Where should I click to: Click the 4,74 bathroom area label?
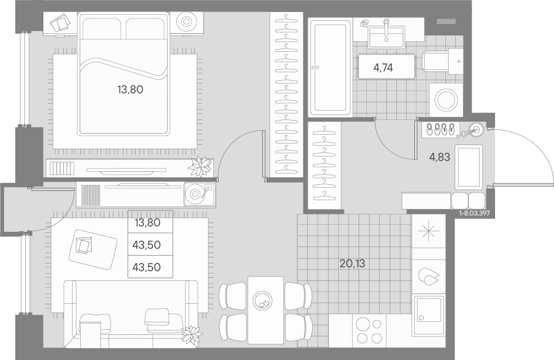[x=383, y=68]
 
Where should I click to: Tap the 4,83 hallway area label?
[x=439, y=157]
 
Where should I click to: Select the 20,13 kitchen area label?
[x=352, y=263]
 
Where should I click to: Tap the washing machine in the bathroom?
[x=446, y=99]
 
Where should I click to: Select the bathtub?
[x=330, y=68]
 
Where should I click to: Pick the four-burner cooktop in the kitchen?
[x=369, y=329]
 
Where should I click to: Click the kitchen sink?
[x=429, y=309]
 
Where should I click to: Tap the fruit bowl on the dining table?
[x=263, y=301]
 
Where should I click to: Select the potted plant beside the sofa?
[x=192, y=334]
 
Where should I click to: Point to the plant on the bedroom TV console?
[x=200, y=166]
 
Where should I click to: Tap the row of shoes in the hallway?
[x=439, y=129]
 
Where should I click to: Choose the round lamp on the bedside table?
[x=186, y=21]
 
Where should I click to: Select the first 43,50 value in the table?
[x=146, y=244]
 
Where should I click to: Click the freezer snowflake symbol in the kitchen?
[x=428, y=231]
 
